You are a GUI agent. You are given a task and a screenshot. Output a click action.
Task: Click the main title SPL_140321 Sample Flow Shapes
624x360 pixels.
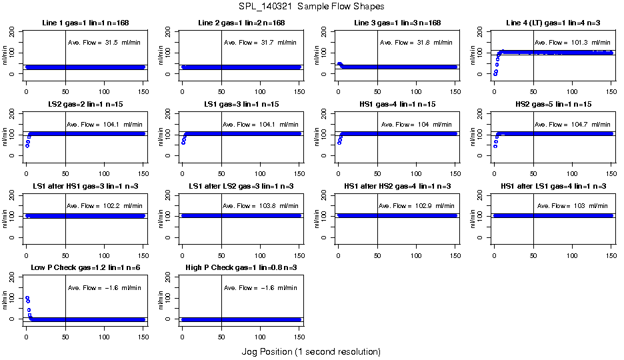(311, 7)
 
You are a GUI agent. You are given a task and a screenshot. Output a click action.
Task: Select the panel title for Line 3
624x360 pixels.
(397, 23)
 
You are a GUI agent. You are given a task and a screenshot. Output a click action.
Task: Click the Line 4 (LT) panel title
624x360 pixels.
(553, 23)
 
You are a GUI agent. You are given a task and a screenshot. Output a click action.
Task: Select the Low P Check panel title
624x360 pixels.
(85, 268)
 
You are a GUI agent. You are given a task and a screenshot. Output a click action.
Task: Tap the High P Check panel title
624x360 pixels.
(241, 268)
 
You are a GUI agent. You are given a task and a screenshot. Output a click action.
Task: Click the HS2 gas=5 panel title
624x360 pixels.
(553, 105)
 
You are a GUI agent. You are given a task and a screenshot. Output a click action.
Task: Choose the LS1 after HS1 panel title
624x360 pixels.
(85, 186)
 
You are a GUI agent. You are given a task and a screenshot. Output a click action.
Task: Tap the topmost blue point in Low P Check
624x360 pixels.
(27, 298)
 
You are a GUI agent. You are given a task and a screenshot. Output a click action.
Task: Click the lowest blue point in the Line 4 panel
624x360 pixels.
(495, 74)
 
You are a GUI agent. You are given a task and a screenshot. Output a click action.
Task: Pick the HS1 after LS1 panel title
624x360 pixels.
(553, 186)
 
